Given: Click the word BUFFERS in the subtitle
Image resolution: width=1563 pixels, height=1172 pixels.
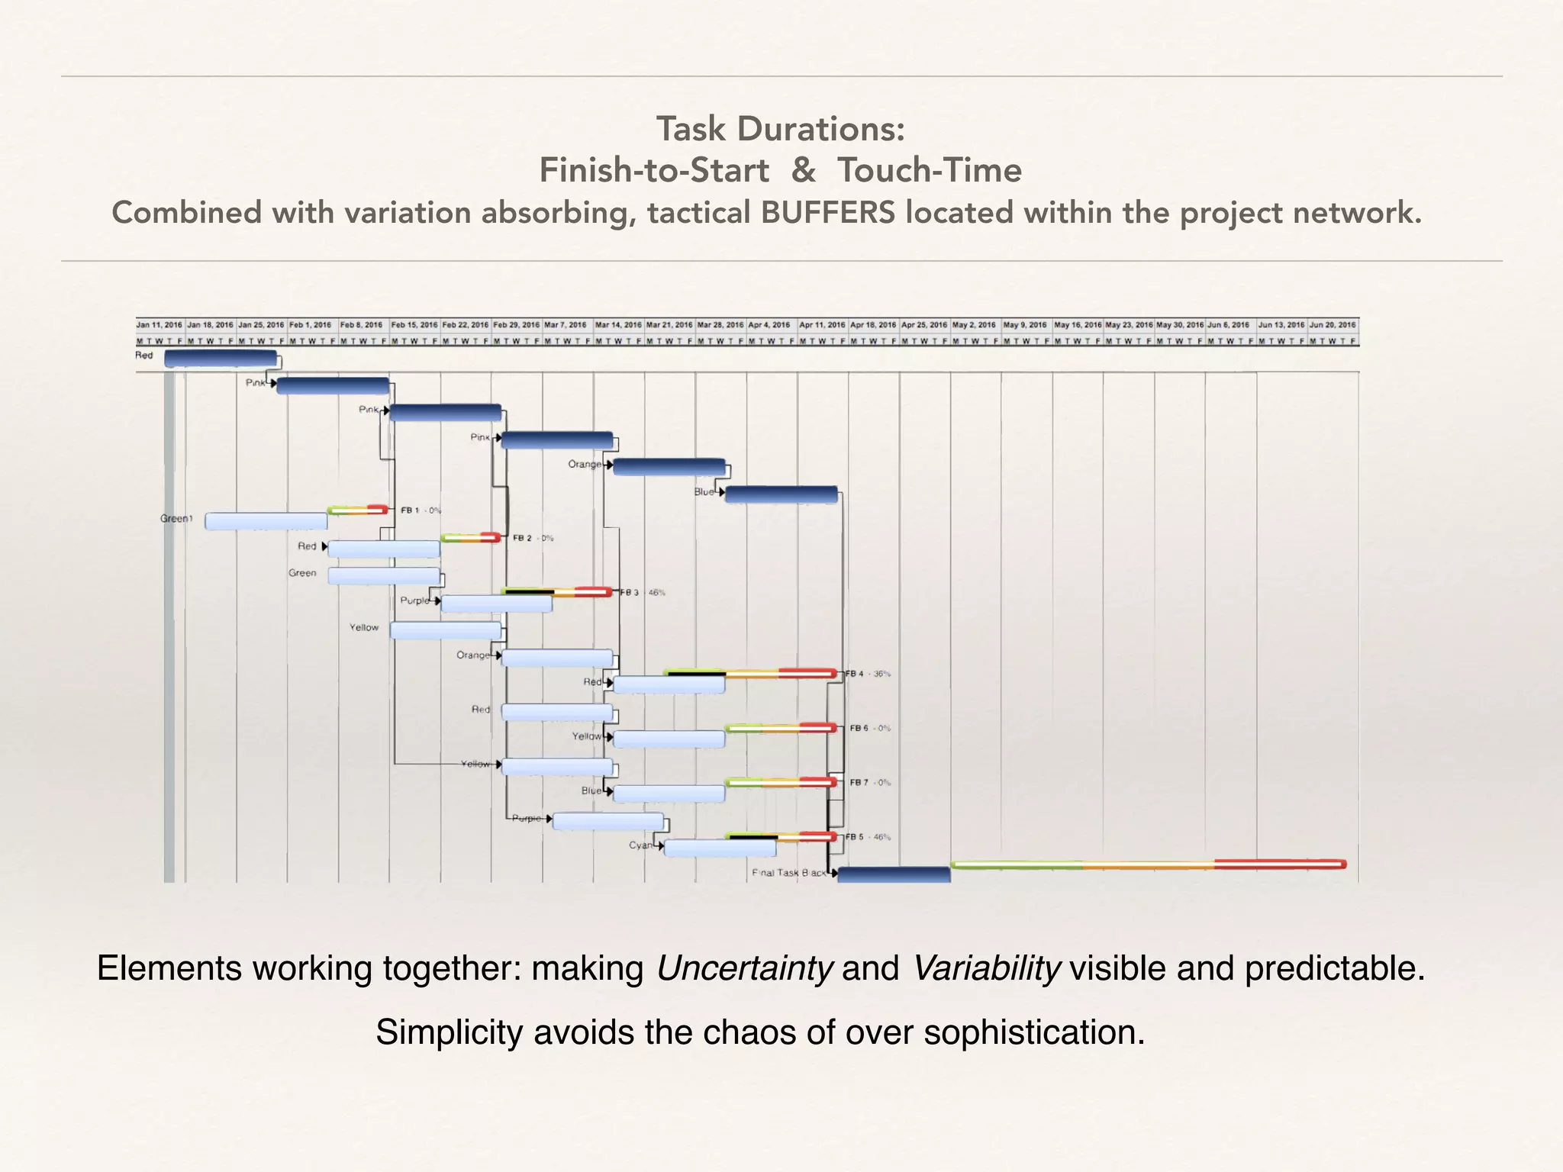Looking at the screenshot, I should tap(827, 212).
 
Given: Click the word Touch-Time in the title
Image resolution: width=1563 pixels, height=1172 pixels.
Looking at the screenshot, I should tap(929, 170).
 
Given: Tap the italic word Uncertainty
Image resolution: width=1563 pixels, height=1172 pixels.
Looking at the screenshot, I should tap(744, 968).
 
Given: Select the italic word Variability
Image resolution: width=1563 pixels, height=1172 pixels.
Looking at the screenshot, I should tap(986, 968).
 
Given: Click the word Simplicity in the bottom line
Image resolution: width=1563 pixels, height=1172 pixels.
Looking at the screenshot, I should tap(450, 1032).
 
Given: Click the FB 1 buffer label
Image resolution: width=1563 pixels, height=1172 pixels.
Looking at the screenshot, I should tap(411, 510).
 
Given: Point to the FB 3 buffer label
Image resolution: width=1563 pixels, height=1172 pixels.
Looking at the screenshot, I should tap(630, 593).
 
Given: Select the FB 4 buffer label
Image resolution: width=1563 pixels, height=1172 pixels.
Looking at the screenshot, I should tap(856, 674).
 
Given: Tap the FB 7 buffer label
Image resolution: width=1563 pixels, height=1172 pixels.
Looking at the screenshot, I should tap(859, 783).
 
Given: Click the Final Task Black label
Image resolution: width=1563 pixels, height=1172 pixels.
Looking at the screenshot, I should tap(788, 873).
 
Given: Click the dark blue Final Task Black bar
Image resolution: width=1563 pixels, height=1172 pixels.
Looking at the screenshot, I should tap(894, 874).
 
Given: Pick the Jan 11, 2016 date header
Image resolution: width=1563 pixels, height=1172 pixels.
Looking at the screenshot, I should tap(160, 325).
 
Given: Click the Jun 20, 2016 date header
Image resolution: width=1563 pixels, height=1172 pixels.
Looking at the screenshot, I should tap(1333, 325).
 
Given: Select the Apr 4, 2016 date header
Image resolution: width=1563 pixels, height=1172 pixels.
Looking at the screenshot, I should tap(769, 325).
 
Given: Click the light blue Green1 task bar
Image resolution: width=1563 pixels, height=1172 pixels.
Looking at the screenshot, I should tap(266, 521).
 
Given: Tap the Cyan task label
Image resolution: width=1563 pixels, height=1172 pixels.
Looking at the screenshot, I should tap(640, 845).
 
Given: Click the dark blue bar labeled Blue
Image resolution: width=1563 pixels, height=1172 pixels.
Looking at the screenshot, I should tap(781, 494).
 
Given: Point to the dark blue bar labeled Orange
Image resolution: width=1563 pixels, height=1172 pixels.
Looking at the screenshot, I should tap(669, 467).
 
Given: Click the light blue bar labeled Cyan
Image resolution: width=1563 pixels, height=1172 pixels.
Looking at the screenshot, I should tap(720, 848).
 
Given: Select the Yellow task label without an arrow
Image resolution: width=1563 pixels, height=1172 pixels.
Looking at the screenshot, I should tap(364, 628).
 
